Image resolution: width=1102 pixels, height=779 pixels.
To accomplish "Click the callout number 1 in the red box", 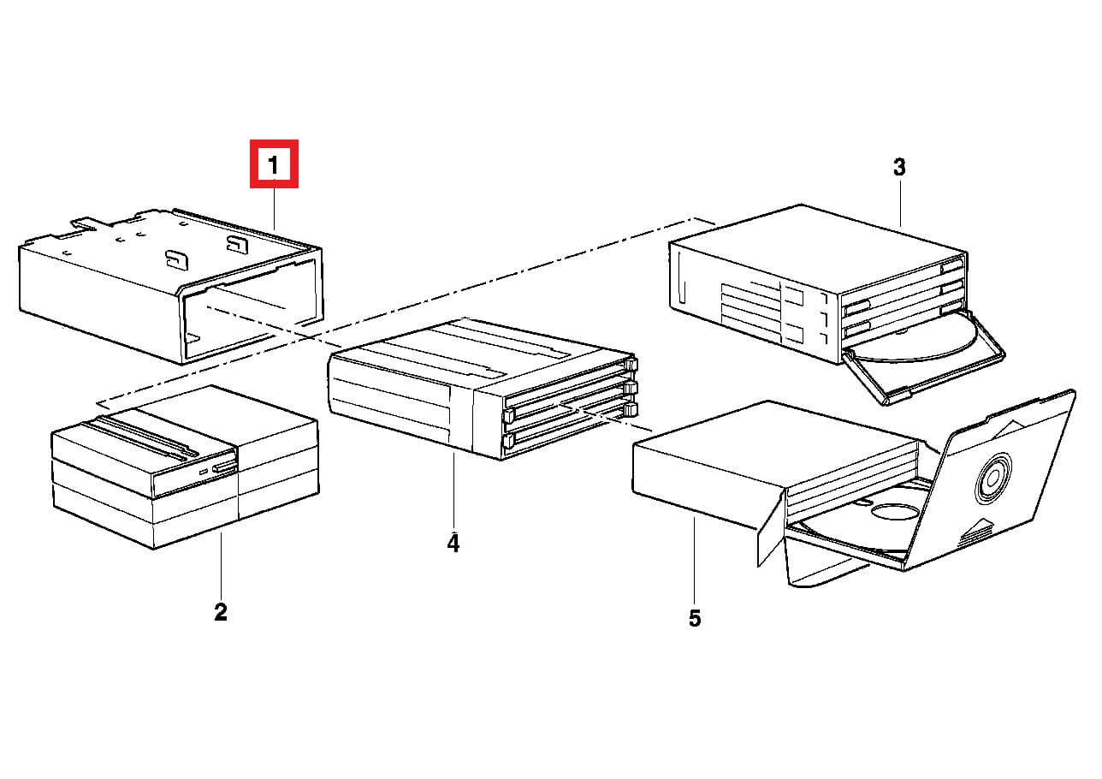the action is tap(274, 165).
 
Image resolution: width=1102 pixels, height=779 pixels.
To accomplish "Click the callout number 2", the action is tap(221, 612).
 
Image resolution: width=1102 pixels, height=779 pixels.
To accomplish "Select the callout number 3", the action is tap(899, 167).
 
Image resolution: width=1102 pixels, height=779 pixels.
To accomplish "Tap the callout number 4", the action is tap(453, 543).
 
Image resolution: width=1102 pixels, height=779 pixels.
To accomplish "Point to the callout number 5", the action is tap(695, 618).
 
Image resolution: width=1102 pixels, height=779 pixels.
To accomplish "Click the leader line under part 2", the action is tap(221, 565).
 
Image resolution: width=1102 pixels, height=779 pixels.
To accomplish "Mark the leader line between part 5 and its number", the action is tap(695, 561).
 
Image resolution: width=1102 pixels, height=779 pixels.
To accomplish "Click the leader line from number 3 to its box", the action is tap(900, 203).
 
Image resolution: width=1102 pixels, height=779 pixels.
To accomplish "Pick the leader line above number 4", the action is tap(453, 491).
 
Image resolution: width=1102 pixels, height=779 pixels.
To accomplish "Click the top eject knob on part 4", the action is tap(631, 364).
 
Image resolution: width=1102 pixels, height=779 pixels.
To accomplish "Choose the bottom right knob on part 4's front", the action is tap(631, 409).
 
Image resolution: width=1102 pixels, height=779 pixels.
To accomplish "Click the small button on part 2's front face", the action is tap(224, 467).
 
